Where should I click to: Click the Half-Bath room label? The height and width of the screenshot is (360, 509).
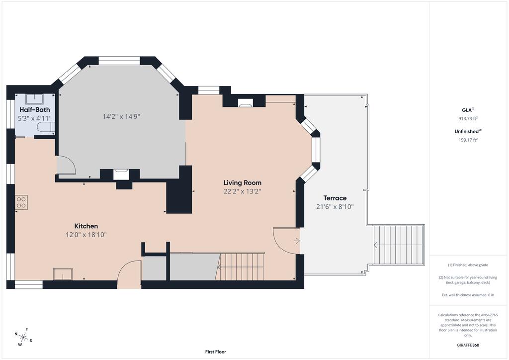(x=35, y=110)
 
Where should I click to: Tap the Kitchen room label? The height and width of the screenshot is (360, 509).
(x=86, y=226)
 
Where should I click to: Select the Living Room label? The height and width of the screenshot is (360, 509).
(x=242, y=183)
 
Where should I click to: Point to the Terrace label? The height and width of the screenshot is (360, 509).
(x=335, y=198)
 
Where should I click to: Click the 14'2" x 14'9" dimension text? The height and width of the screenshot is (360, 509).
(x=121, y=116)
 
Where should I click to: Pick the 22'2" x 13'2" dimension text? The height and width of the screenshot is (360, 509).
(x=242, y=191)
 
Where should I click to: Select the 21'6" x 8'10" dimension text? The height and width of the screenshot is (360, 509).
(x=335, y=207)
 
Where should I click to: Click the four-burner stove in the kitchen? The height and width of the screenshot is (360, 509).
(x=21, y=202)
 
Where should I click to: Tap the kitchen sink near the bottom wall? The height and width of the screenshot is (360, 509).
(x=63, y=274)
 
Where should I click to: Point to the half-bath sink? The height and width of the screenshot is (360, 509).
(x=35, y=98)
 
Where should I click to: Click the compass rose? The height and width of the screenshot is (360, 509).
(x=23, y=337)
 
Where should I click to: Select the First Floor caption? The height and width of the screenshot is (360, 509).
(x=216, y=352)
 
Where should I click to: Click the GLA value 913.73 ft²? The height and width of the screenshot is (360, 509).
(x=468, y=118)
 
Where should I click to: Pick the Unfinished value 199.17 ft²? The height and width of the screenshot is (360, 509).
(x=468, y=140)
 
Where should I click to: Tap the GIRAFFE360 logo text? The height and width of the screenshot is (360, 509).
(x=468, y=345)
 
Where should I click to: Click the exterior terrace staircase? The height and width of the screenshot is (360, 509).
(x=399, y=245)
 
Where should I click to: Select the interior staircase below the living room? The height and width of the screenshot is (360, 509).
(x=240, y=267)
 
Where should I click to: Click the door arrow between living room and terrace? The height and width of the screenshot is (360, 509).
(x=297, y=241)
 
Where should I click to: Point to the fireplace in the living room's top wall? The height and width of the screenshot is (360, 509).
(x=245, y=103)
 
